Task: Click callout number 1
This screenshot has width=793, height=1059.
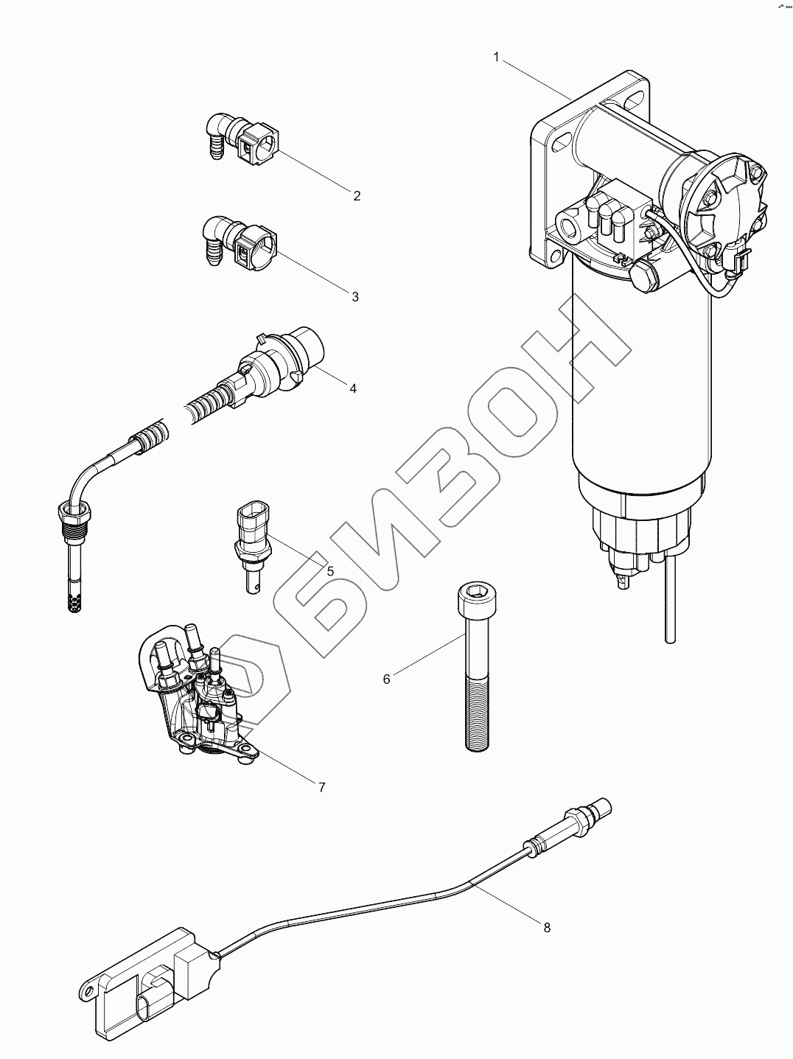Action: [x=496, y=57]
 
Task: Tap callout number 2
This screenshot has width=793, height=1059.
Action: [x=357, y=195]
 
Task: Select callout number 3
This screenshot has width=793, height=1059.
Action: [x=355, y=296]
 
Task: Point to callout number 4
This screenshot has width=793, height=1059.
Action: [x=353, y=388]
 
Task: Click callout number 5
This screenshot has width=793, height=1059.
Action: [x=330, y=570]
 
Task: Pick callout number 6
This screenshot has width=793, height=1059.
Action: [x=387, y=679]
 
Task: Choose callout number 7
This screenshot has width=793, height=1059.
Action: [x=321, y=787]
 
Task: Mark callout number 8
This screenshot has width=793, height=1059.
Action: [x=547, y=928]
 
